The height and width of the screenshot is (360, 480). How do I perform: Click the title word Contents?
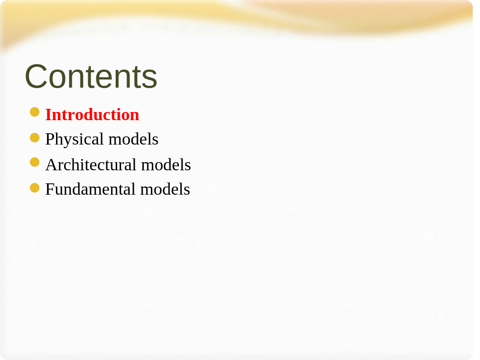click(91, 76)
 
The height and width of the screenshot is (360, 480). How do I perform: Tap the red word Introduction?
click(92, 115)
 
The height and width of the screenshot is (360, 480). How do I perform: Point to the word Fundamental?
click(90, 189)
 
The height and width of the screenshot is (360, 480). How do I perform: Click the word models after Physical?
click(133, 139)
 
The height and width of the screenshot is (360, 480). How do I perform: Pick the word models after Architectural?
click(166, 164)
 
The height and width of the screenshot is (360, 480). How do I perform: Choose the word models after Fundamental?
click(165, 189)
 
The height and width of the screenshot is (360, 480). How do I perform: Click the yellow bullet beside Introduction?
click(35, 112)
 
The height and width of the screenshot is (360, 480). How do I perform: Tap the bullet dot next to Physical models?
click(35, 138)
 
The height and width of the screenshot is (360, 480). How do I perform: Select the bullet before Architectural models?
click(35, 162)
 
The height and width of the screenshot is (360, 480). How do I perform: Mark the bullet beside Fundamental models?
click(35, 188)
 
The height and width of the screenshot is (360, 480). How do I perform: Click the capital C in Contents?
click(36, 76)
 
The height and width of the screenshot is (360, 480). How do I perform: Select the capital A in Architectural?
click(51, 165)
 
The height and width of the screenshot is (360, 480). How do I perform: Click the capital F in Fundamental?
click(49, 189)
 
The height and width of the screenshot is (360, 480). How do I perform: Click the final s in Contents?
click(151, 80)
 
